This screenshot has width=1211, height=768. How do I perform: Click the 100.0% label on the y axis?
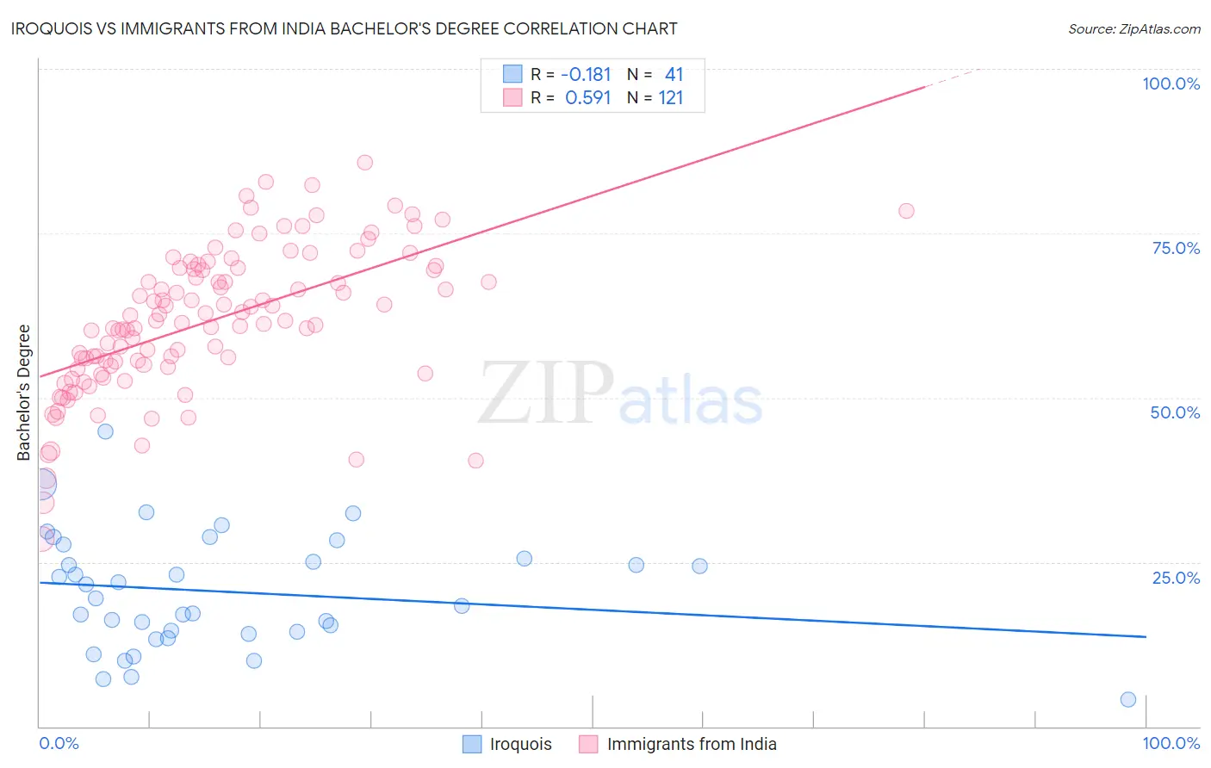pyautogui.click(x=1171, y=84)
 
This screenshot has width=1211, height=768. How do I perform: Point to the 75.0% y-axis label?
pyautogui.click(x=1176, y=248)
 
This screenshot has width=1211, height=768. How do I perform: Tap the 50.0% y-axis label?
pyautogui.click(x=1175, y=412)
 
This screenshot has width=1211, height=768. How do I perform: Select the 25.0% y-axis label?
pyautogui.click(x=1176, y=577)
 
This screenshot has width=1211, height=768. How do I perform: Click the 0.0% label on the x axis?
pyautogui.click(x=59, y=743)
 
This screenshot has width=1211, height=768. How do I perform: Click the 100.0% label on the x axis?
pyautogui.click(x=1171, y=743)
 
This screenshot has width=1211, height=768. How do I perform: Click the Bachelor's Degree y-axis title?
pyautogui.click(x=24, y=393)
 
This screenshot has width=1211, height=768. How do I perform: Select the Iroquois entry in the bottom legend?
pyautogui.click(x=520, y=744)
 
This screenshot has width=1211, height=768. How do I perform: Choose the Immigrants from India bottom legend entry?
pyautogui.click(x=692, y=744)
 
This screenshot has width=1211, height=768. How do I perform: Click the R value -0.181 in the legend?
pyautogui.click(x=586, y=75)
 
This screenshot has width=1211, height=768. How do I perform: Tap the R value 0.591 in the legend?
pyautogui.click(x=587, y=98)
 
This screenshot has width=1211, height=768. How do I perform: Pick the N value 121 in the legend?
pyautogui.click(x=671, y=98)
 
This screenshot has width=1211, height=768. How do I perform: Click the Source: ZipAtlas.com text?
pyautogui.click(x=1133, y=29)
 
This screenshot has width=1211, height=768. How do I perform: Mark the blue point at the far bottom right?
pyautogui.click(x=1128, y=699)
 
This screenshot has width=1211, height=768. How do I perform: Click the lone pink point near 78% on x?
pyautogui.click(x=906, y=211)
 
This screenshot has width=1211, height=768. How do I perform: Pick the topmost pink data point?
pyautogui.click(x=364, y=163)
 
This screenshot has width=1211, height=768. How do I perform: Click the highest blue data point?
pyautogui.click(x=105, y=431)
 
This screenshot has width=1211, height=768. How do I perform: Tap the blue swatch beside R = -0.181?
pyautogui.click(x=512, y=74)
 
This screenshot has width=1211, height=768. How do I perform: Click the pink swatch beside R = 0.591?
pyautogui.click(x=512, y=97)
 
